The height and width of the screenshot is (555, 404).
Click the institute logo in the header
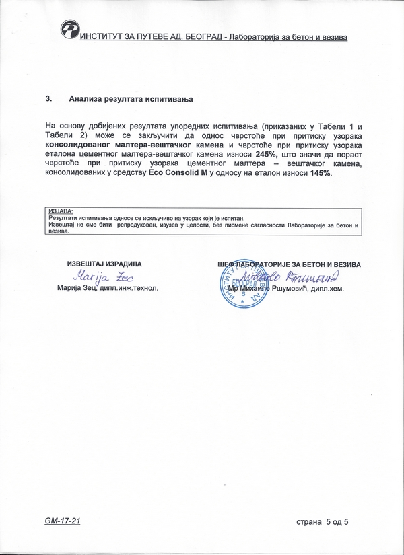[69, 30]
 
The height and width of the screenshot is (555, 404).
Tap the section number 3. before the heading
[48, 99]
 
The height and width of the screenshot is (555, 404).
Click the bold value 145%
[320, 173]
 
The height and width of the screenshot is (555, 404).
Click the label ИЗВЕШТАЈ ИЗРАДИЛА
[104, 264]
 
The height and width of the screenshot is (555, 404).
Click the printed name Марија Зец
[79, 288]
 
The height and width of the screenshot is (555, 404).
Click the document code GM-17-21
[62, 522]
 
